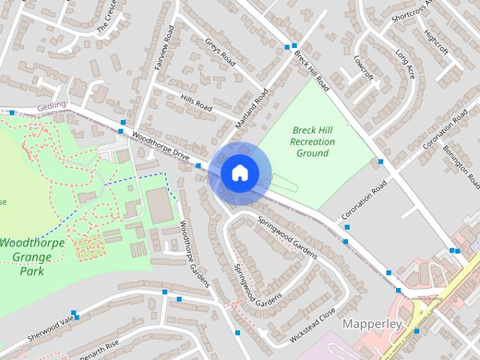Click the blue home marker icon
239,173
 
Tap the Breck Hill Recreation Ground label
312,142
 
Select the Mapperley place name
372,325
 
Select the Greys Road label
220,52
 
